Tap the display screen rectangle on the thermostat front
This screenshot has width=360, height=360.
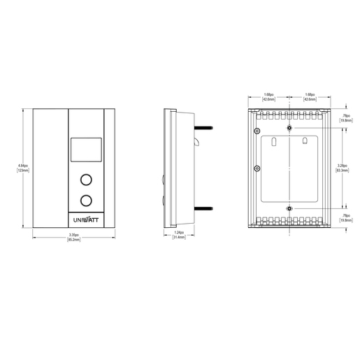[86, 150]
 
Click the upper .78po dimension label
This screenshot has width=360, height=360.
[345, 117]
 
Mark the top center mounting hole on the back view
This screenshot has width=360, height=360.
[289, 129]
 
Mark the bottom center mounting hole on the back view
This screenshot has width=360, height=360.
[289, 208]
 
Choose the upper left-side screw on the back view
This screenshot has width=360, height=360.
[257, 131]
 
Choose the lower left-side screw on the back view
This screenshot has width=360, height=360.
[257, 168]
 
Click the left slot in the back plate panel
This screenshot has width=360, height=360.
[275, 143]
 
